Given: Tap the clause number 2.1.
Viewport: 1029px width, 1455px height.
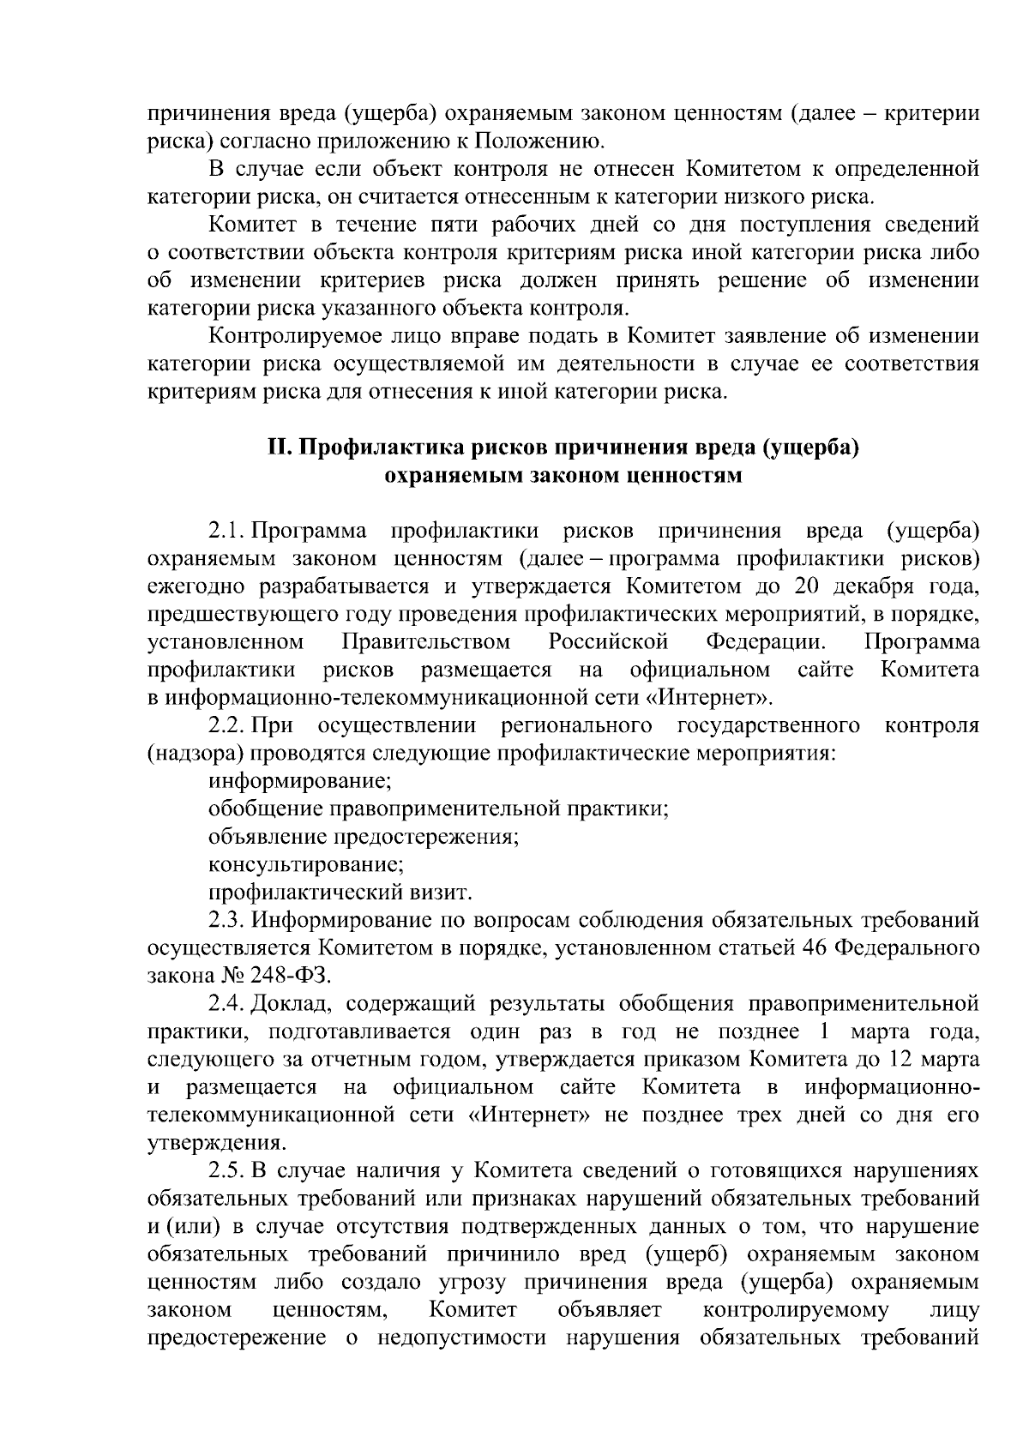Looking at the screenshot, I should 227,531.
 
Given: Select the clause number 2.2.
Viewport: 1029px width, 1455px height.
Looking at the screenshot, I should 227,725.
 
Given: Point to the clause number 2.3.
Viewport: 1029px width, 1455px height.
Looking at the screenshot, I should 227,921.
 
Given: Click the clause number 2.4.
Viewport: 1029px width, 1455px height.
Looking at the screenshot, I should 227,1003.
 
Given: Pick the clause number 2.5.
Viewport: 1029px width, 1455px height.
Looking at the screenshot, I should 227,1171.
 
